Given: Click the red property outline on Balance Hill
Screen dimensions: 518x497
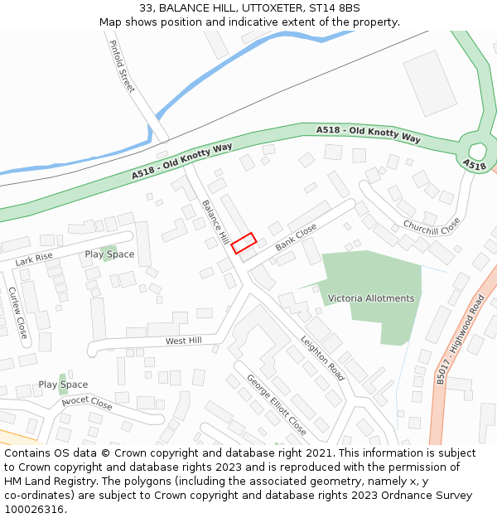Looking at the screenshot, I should pos(244,243).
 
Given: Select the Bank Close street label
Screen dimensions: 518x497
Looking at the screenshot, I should pos(296,236).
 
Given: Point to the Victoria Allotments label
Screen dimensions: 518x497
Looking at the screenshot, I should pos(370,298).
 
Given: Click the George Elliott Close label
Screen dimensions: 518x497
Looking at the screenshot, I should pos(276,404).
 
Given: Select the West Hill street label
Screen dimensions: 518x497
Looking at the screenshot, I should pos(183,341).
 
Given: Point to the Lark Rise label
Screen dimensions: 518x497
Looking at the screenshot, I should pos(33,259).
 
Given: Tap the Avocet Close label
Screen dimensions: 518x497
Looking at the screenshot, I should pos(87,404).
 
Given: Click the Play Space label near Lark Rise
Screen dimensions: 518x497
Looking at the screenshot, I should pos(109,254).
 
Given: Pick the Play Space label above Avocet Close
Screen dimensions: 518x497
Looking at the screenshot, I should pos(63,385).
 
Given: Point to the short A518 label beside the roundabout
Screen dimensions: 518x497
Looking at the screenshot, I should pos(475,166).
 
